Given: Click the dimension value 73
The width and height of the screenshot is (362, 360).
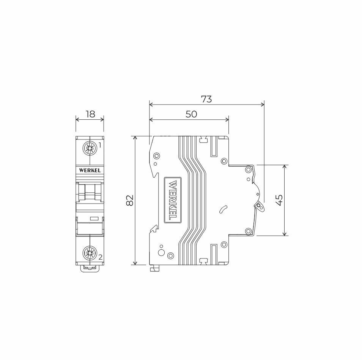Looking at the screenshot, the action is [206, 99].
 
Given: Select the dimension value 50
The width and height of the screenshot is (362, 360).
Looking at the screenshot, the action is [191, 114].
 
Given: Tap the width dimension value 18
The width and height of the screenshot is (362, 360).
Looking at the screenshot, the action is [90, 114].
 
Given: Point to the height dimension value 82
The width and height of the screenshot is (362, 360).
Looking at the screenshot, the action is [130, 200].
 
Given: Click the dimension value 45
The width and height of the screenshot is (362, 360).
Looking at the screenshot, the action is [279, 200].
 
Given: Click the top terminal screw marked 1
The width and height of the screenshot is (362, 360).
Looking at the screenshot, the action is [90, 148].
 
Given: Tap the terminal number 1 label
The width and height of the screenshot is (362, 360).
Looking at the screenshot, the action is [100, 145].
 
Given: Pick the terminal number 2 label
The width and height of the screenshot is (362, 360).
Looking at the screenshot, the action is [101, 257].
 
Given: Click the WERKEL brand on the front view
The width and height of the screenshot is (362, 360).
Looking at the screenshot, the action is [90, 171].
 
